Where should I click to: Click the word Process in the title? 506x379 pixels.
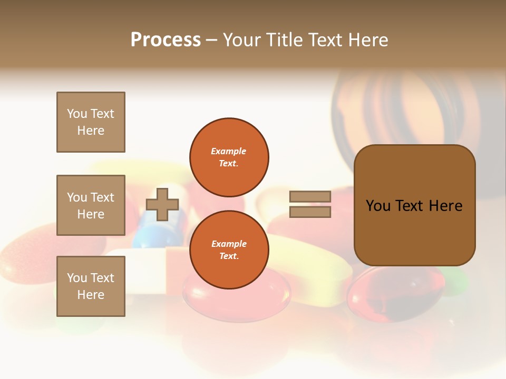166,40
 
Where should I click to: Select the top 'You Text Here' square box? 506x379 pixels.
91,122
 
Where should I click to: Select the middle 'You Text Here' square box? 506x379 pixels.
91,205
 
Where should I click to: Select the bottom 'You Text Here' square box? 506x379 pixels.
91,286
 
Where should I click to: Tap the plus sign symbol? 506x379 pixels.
162,204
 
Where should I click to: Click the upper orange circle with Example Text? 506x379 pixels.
229,157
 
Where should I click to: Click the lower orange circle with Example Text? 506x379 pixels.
229,250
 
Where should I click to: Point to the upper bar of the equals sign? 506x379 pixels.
310,196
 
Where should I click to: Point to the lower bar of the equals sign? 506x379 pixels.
310,212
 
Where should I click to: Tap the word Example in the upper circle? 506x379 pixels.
228,151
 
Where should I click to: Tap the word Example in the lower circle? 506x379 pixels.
229,244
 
